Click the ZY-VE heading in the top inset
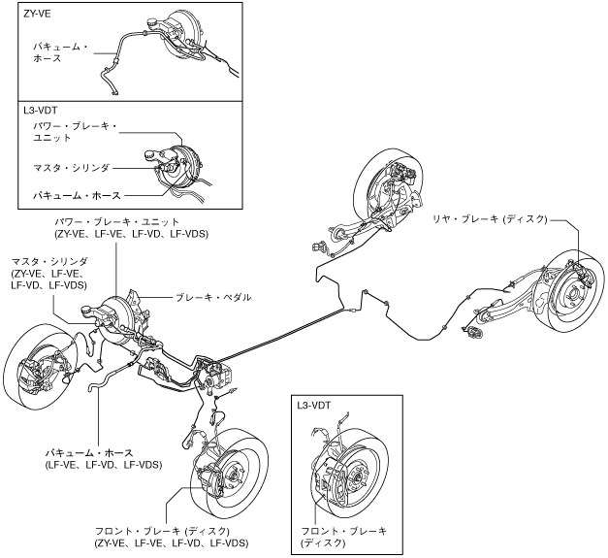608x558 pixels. (x=37, y=14)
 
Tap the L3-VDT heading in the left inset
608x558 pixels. (x=41, y=111)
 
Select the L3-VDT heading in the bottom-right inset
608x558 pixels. (x=313, y=406)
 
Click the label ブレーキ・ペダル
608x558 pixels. (x=213, y=298)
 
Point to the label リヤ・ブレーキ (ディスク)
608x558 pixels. (x=490, y=219)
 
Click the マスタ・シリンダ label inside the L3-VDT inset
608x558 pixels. (x=72, y=168)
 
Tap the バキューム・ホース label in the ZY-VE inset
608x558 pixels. (x=60, y=52)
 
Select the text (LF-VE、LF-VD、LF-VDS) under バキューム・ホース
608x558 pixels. (x=104, y=465)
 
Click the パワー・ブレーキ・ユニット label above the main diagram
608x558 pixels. (x=117, y=222)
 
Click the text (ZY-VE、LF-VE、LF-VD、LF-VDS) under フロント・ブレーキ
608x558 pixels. (x=171, y=542)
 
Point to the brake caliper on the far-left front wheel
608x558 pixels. (x=30, y=374)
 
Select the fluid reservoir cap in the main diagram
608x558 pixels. (x=86, y=310)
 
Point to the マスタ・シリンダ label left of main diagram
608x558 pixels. (x=49, y=274)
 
